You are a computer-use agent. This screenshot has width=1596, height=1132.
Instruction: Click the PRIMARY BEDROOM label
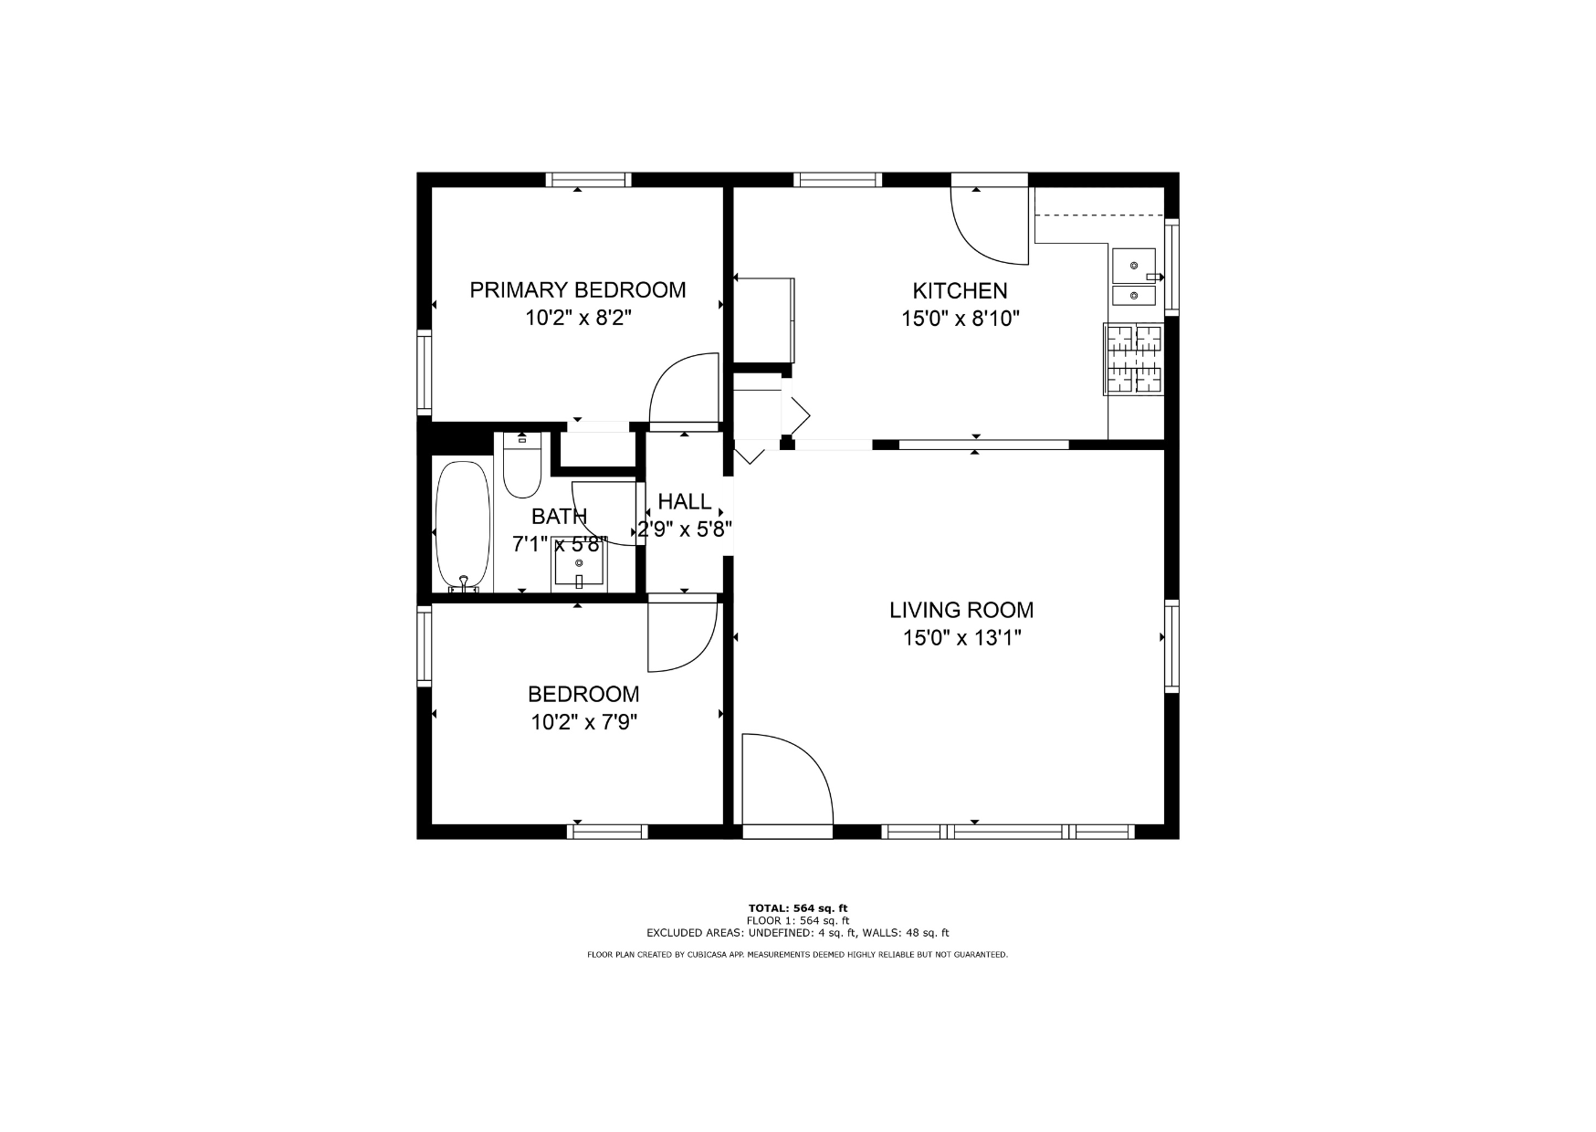(x=578, y=290)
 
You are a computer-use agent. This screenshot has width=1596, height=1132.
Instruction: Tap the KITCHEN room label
(x=960, y=291)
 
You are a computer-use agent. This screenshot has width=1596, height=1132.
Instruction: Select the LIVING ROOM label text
(x=961, y=610)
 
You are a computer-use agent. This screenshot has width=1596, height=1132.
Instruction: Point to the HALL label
(x=685, y=501)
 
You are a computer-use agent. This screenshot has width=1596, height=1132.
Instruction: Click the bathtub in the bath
(x=463, y=527)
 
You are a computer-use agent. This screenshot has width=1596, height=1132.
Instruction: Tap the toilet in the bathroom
(x=522, y=465)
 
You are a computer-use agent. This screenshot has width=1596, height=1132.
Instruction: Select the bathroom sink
(x=579, y=565)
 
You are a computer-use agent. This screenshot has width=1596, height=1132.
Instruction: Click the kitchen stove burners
(x=1134, y=360)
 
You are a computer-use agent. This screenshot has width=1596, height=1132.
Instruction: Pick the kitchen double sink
(x=1134, y=278)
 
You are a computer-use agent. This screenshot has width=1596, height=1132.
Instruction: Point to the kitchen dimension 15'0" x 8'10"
(x=960, y=319)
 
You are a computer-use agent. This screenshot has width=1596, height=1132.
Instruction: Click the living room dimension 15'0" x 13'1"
(x=961, y=637)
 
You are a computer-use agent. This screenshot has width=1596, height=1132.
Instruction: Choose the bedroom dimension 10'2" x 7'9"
(x=584, y=722)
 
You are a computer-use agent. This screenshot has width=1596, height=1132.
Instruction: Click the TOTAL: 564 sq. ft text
(x=798, y=908)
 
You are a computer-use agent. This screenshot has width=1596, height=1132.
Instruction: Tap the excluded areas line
(x=798, y=933)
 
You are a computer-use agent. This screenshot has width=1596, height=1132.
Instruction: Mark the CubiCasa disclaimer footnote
(x=797, y=955)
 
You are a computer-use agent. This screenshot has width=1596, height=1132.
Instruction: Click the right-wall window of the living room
(x=1171, y=645)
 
